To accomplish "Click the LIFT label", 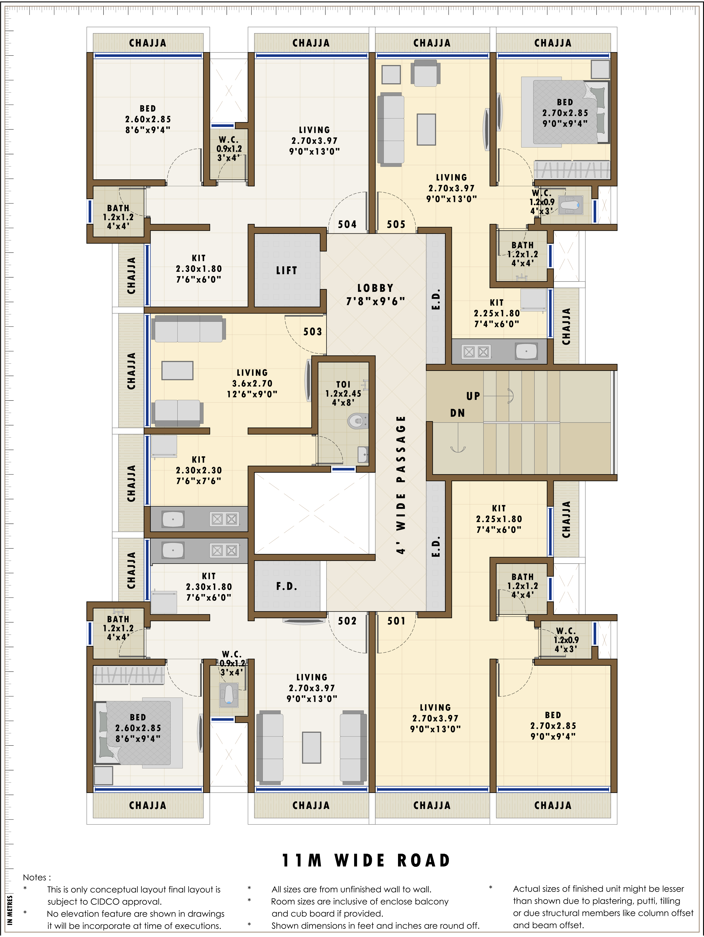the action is coord(286,270).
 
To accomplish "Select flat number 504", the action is coord(347,224).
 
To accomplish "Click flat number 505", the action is coord(396,224).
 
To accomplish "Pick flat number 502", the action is coord(347,621).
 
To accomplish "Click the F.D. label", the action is coord(286,586).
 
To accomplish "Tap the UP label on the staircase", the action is coord(473,396).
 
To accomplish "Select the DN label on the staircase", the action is coord(457,413).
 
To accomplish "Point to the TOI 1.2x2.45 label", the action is coord(343,393).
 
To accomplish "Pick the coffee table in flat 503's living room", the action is coord(178,371).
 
